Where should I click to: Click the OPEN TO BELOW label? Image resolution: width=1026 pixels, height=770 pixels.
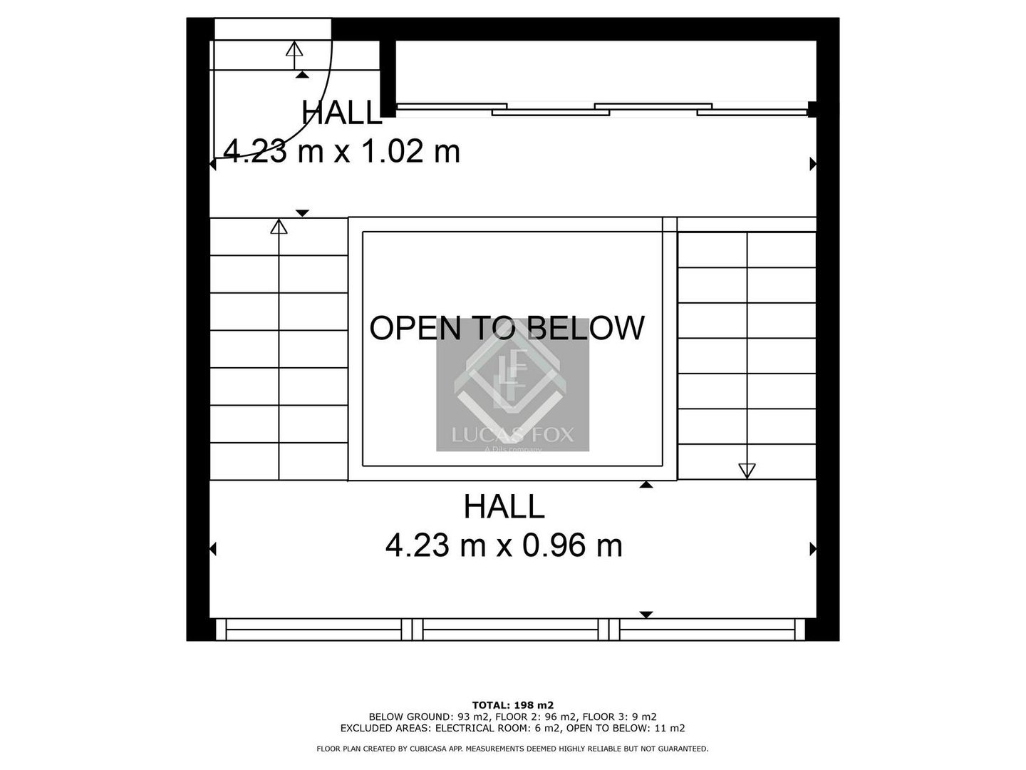point(507,328)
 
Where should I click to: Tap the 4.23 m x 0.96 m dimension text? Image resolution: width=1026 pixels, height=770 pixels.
point(504,545)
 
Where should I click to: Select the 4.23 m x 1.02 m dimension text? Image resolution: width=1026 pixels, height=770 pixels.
point(342,151)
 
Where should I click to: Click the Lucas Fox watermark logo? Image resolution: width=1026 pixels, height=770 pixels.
point(513,385)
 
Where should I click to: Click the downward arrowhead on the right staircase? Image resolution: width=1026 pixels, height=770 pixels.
point(747,471)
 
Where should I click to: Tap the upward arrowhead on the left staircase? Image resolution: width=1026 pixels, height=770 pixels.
point(279,226)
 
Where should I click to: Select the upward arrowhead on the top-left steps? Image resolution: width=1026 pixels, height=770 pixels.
point(294,48)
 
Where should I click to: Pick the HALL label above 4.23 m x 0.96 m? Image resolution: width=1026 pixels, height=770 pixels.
point(504,506)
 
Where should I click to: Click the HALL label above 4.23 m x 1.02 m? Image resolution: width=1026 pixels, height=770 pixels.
point(342,113)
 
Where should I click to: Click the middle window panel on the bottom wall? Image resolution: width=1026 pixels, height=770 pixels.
point(510,630)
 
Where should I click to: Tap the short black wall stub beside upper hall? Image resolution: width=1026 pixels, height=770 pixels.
point(388,78)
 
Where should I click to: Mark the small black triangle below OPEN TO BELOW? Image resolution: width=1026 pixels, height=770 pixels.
point(646,485)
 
